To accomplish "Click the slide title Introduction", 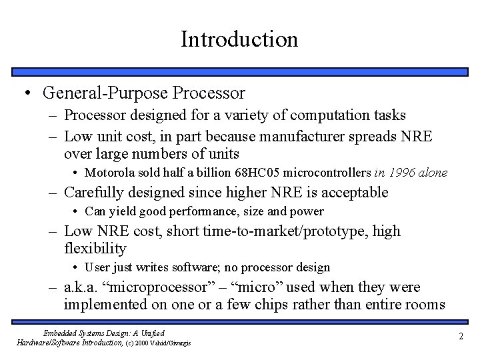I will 239,39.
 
